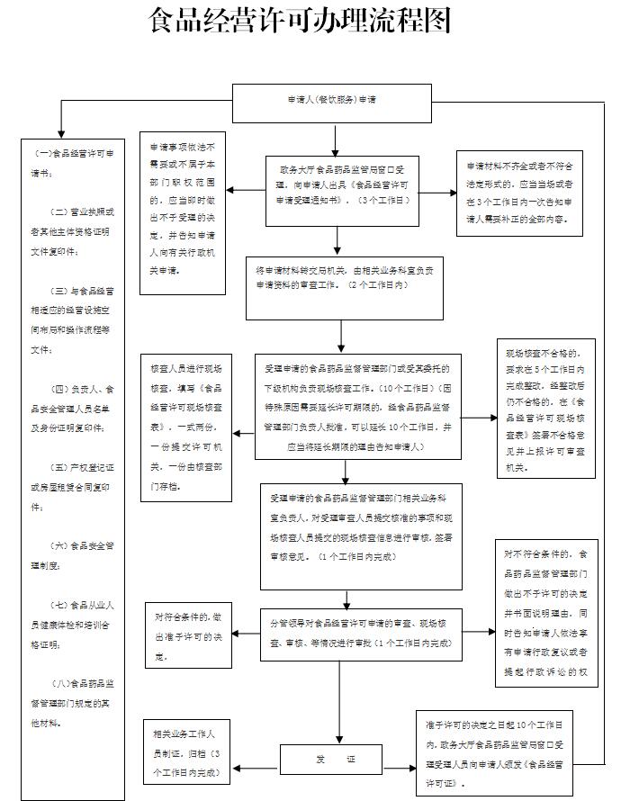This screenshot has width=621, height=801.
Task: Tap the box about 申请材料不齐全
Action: click(x=518, y=193)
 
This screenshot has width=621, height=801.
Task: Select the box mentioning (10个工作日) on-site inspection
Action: click(x=345, y=407)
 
